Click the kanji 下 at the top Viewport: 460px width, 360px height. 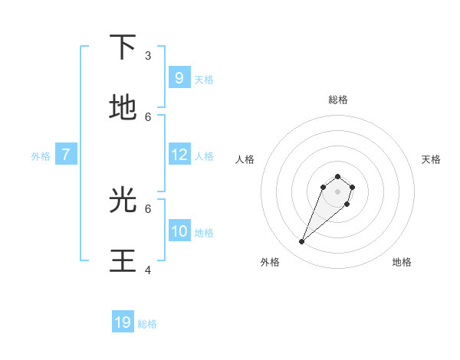(123, 48)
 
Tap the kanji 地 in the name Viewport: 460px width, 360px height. (123, 109)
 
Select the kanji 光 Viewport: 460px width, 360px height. (123, 200)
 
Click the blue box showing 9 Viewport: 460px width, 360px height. (179, 77)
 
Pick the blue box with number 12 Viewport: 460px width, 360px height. (179, 155)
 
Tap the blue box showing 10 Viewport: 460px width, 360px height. (179, 231)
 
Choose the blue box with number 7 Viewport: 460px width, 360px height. (66, 155)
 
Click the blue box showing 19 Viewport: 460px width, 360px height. (123, 322)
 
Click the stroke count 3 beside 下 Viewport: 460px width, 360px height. (148, 55)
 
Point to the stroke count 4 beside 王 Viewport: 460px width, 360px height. (148, 270)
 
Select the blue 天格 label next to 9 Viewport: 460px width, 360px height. (204, 80)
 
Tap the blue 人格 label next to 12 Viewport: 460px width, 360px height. (204, 156)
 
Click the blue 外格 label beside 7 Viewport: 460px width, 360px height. (41, 156)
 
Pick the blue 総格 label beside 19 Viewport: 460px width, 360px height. (147, 325)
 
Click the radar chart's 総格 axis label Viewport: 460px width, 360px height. (337, 100)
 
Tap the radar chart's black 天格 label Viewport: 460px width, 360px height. (432, 159)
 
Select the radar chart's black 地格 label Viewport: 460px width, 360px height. (402, 262)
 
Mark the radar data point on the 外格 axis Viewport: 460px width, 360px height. (302, 242)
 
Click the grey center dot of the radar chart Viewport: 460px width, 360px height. (337, 191)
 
